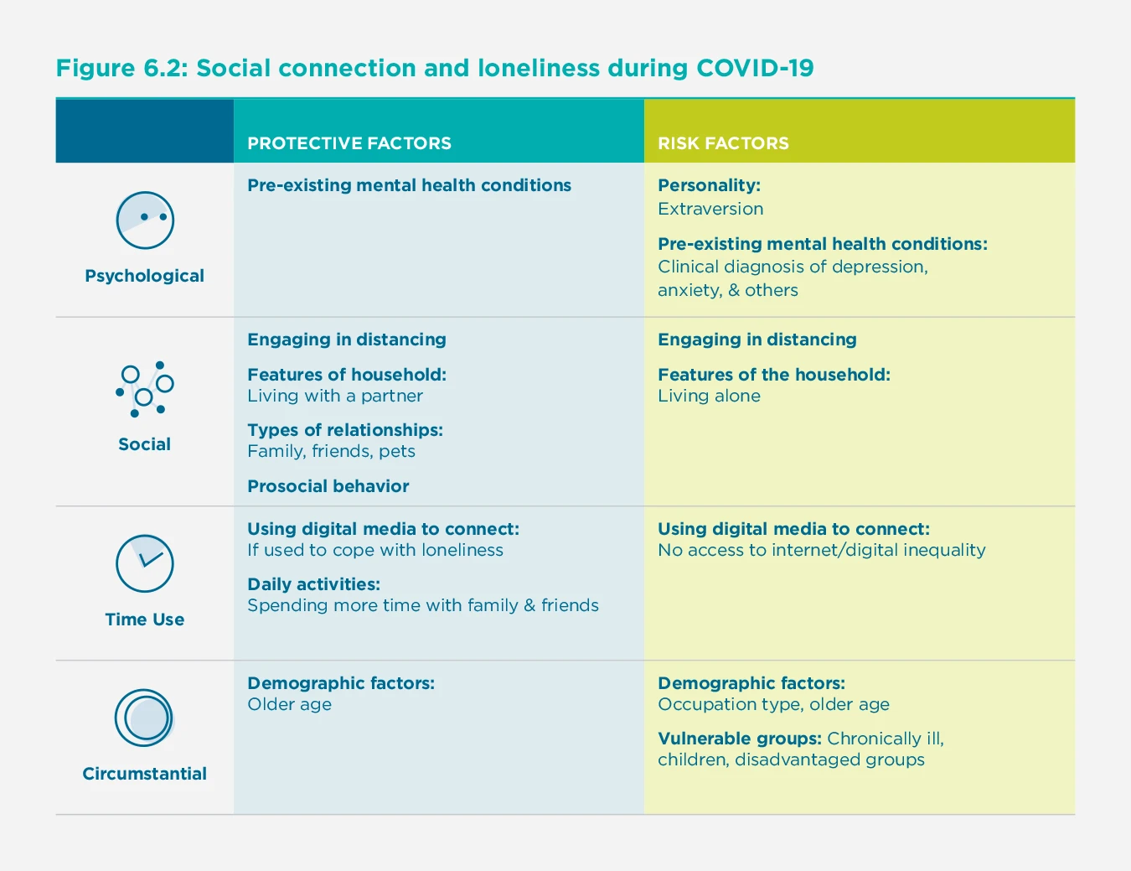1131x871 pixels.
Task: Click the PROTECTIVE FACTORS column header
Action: click(349, 143)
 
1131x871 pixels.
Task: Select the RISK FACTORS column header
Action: click(723, 143)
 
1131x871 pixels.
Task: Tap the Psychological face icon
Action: click(145, 220)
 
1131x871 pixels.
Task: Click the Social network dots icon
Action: click(145, 390)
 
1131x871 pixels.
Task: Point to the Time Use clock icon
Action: click(145, 563)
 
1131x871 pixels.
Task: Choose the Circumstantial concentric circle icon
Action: click(144, 718)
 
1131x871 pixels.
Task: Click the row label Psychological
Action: click(144, 276)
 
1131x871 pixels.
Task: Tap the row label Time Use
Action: click(144, 620)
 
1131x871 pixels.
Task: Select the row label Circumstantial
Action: click(144, 774)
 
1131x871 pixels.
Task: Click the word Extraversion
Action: click(710, 209)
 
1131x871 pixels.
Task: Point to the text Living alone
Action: click(709, 396)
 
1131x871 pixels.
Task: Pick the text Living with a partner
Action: click(334, 396)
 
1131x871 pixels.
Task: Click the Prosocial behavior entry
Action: click(328, 486)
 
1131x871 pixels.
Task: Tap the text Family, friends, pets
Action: click(331, 451)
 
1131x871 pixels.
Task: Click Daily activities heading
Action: click(313, 584)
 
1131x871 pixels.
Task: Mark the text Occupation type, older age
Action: click(773, 704)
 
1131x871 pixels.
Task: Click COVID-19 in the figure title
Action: click(755, 68)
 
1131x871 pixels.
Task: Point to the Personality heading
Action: click(709, 185)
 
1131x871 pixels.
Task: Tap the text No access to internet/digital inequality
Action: click(821, 550)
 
